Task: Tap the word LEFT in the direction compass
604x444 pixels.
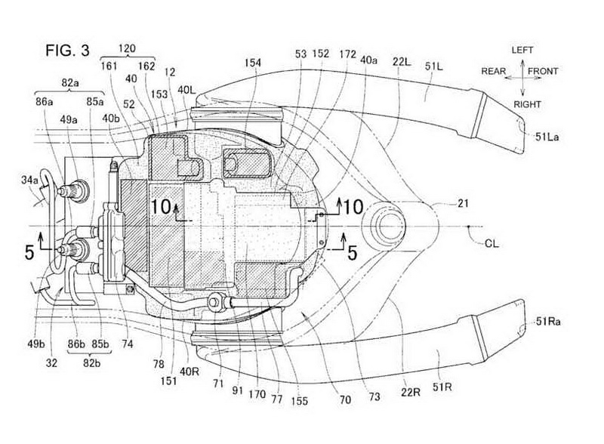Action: click(x=522, y=50)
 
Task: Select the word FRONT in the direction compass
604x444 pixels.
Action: click(x=544, y=72)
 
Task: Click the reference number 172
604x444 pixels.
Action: click(x=348, y=54)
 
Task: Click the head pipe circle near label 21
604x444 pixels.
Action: click(x=386, y=225)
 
